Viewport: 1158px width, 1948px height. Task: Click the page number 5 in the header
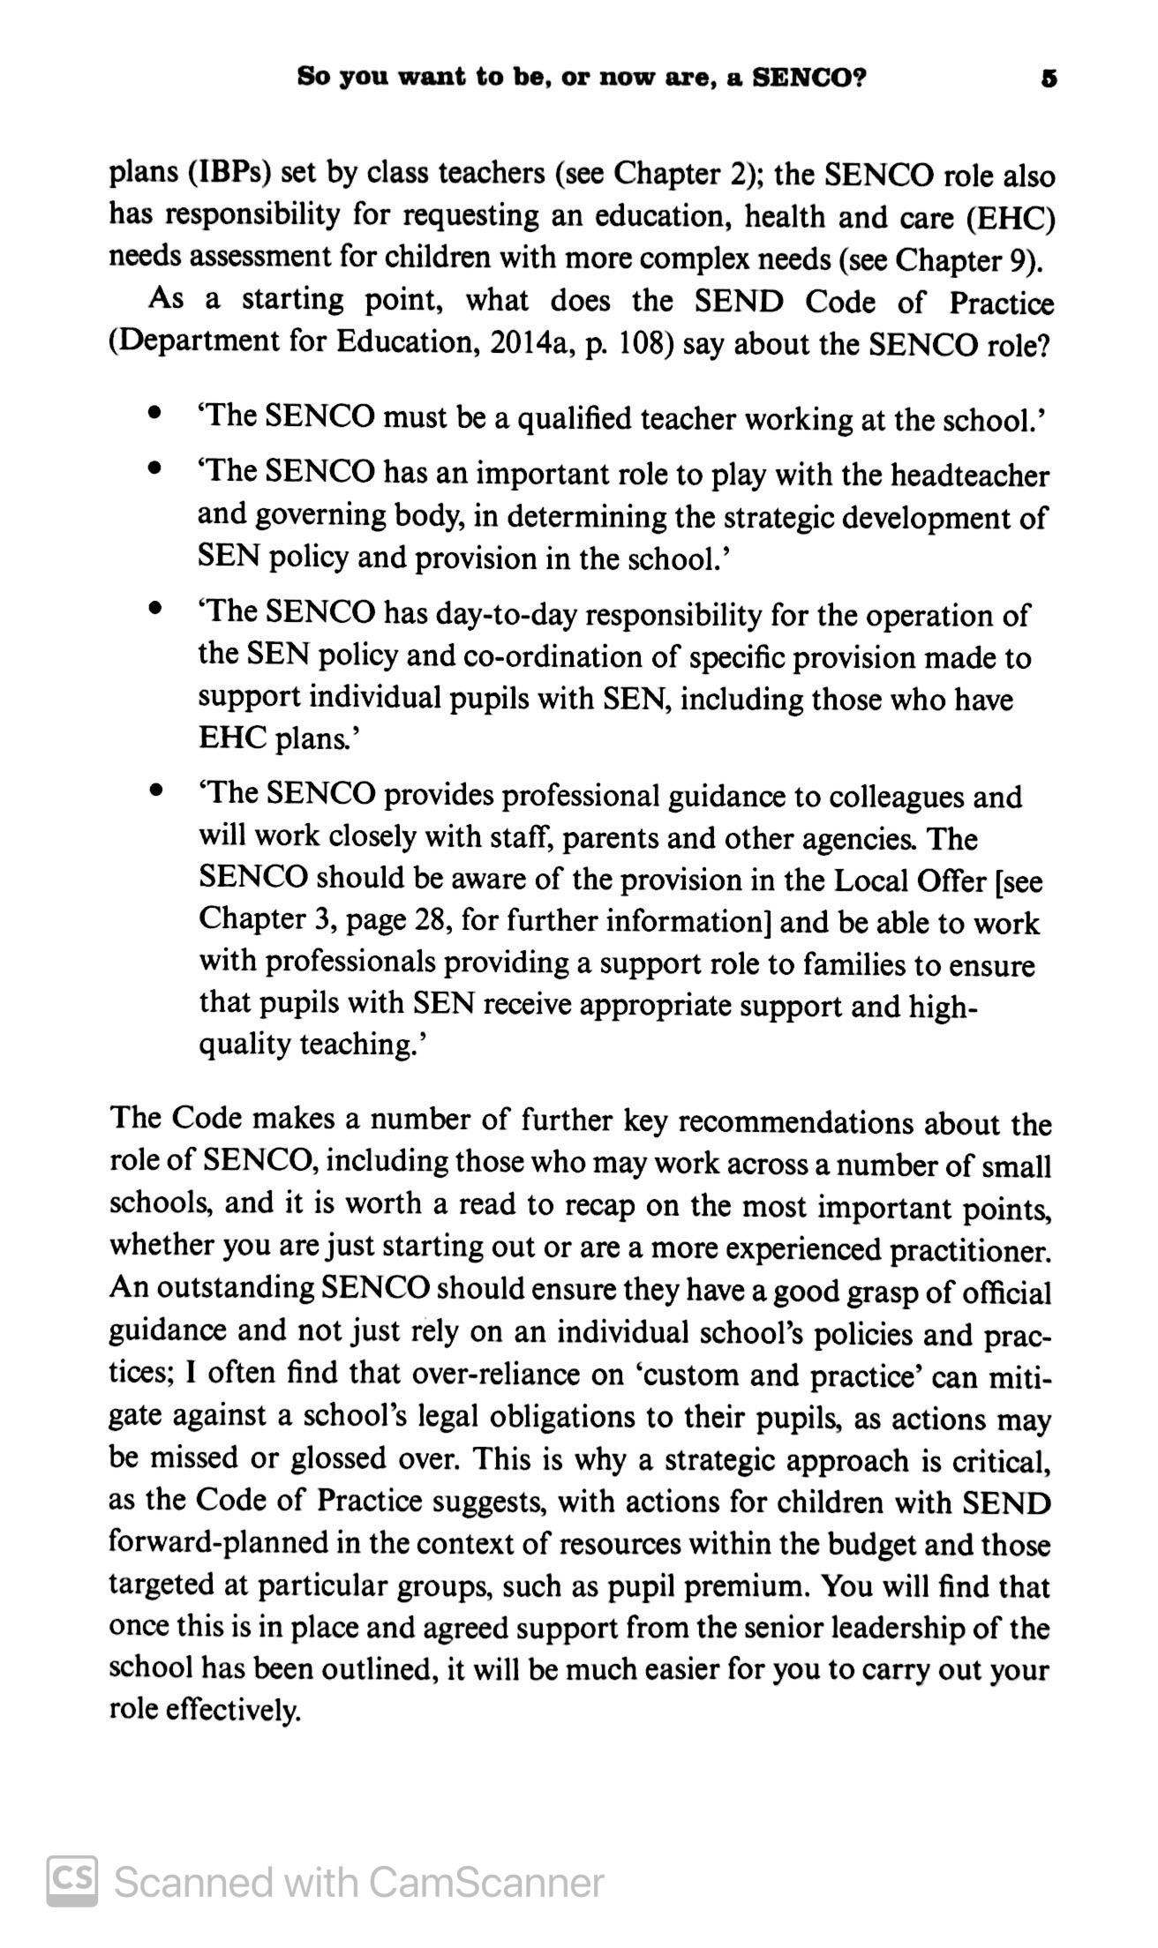click(x=1049, y=78)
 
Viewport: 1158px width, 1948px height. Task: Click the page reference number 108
click(x=647, y=342)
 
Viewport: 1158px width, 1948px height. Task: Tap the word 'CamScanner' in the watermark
click(x=485, y=1882)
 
